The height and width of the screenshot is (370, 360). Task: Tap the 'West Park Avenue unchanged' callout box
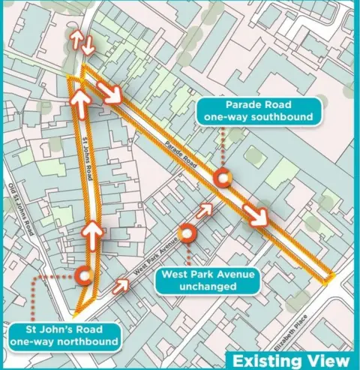(x=205, y=280)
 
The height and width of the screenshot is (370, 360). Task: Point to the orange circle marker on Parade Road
(x=223, y=179)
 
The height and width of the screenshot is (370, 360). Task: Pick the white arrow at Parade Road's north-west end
(x=113, y=93)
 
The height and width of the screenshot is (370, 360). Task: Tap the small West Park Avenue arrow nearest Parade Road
(x=204, y=210)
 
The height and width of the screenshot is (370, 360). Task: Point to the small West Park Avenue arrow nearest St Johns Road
(x=121, y=286)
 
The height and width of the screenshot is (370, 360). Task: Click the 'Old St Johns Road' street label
(x=20, y=209)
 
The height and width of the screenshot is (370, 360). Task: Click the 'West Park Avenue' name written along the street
(x=154, y=256)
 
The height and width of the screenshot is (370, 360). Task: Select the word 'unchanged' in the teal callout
(x=205, y=287)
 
